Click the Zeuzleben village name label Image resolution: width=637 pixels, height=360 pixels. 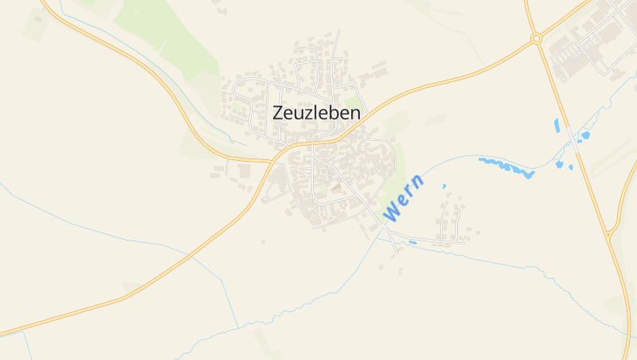[316, 113]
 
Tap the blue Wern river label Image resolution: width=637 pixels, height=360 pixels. [403, 199]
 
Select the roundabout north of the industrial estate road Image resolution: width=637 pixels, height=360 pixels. [536, 37]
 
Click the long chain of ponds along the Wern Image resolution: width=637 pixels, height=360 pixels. [506, 167]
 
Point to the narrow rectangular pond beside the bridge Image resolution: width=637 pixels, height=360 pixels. [557, 125]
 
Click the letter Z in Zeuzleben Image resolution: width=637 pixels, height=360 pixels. [278, 113]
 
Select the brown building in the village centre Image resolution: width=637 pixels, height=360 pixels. [336, 188]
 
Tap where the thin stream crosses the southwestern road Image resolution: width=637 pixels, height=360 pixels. [191, 255]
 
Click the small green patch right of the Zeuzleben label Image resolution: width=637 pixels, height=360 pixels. [351, 102]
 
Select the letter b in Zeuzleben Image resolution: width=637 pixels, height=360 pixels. [335, 113]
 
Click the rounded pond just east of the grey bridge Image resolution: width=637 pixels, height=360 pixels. [585, 135]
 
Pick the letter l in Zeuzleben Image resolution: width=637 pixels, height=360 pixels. [316, 113]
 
